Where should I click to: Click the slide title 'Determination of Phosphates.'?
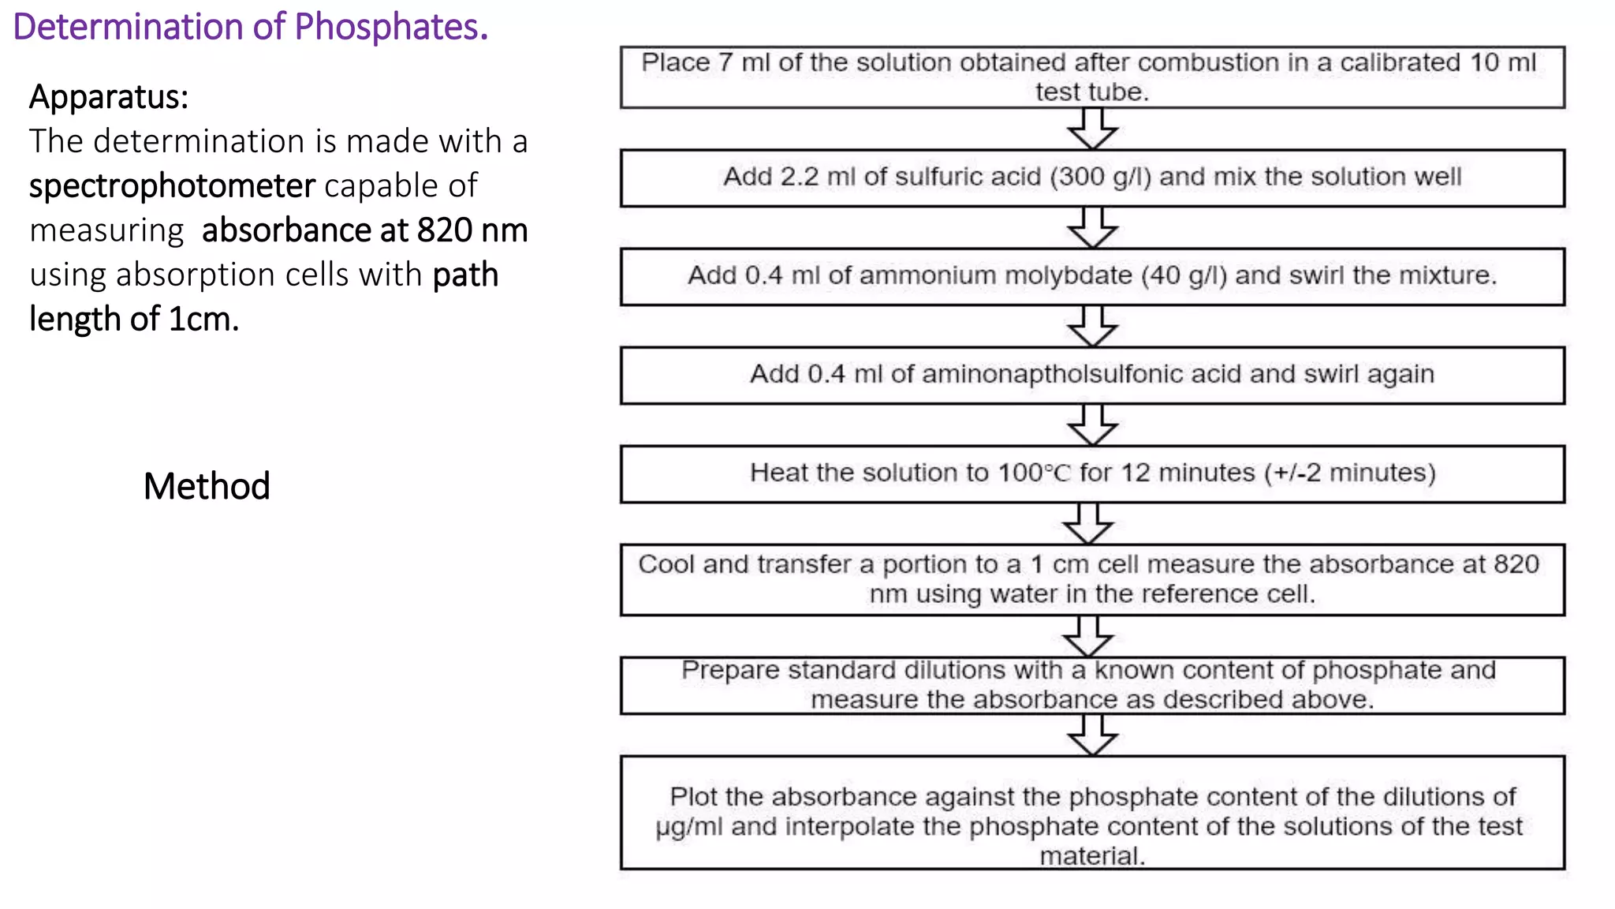tap(251, 27)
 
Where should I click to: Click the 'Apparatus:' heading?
tap(109, 97)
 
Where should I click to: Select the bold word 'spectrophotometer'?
tap(172, 186)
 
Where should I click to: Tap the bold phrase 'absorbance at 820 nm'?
tap(364, 230)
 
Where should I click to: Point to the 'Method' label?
tap(207, 486)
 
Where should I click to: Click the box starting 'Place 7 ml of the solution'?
tap(1092, 77)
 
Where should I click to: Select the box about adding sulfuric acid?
tap(1092, 178)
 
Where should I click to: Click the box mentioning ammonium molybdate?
tap(1092, 276)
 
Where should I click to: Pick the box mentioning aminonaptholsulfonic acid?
tap(1092, 375)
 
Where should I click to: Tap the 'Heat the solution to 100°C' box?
tap(1092, 473)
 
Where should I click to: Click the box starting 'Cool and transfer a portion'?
tap(1092, 579)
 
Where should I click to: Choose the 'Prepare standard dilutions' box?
tap(1092, 685)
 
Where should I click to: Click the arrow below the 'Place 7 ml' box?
tap(1092, 129)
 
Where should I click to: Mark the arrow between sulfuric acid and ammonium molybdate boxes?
tap(1092, 228)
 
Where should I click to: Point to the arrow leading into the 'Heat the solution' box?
tap(1092, 425)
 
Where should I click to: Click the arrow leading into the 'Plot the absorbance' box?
tap(1092, 735)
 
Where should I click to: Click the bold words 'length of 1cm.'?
tap(134, 320)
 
